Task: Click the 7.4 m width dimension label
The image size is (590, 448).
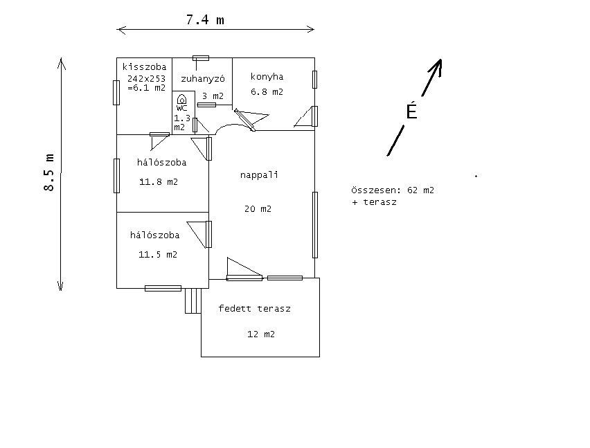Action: [205, 20]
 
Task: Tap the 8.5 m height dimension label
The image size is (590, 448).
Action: [49, 173]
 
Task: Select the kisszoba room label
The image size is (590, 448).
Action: [144, 67]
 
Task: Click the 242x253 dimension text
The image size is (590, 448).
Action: [146, 78]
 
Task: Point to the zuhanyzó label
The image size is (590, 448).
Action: [202, 78]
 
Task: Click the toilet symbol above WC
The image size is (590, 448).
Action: [181, 100]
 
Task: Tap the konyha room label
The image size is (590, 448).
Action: [267, 77]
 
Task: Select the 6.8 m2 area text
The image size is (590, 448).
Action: [267, 91]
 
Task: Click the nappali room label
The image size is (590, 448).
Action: [259, 174]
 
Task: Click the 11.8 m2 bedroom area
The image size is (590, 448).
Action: [159, 183]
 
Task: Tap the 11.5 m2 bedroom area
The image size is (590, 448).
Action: [158, 255]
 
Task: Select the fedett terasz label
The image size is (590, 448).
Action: [254, 309]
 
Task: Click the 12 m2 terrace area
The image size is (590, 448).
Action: [261, 334]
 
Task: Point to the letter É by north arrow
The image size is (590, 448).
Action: [412, 111]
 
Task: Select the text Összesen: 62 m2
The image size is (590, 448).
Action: [393, 190]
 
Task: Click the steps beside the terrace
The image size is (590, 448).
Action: [193, 301]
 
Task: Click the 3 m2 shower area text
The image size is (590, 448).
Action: [213, 96]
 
